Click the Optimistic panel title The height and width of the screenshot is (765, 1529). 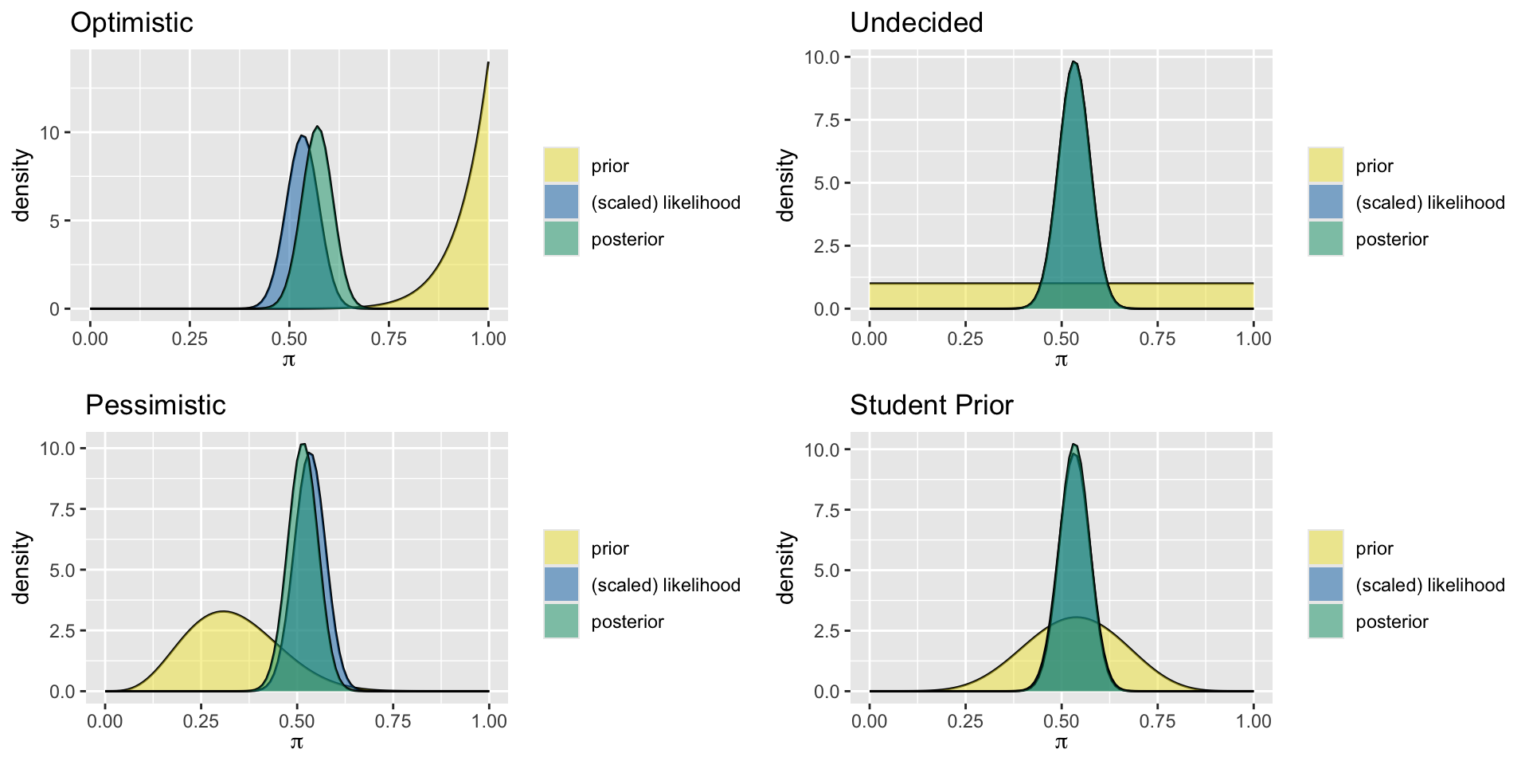click(131, 22)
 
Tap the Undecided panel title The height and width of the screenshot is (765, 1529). click(916, 22)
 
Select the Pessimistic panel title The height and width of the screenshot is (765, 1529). click(155, 405)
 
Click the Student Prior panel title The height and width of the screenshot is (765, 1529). click(931, 405)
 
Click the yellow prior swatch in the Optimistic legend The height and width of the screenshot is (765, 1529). click(561, 166)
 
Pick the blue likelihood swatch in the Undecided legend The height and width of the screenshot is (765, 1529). click(1325, 202)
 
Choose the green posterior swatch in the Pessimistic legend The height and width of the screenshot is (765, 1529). click(561, 622)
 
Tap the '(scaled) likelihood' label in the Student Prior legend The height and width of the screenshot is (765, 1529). click(1430, 585)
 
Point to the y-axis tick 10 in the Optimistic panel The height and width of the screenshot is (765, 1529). click(49, 132)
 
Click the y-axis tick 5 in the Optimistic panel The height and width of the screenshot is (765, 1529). click(54, 221)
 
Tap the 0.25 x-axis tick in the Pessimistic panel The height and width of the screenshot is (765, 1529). click(201, 721)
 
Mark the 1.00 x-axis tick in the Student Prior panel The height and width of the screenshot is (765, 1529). click(1253, 721)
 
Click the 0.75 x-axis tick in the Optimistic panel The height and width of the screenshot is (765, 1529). click(389, 339)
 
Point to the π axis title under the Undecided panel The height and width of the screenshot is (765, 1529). click(1061, 359)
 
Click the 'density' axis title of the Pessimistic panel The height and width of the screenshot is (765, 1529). click(22, 567)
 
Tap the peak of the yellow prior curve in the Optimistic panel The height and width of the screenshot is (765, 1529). click(487, 63)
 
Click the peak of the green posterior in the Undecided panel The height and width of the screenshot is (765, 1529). click(1073, 62)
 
